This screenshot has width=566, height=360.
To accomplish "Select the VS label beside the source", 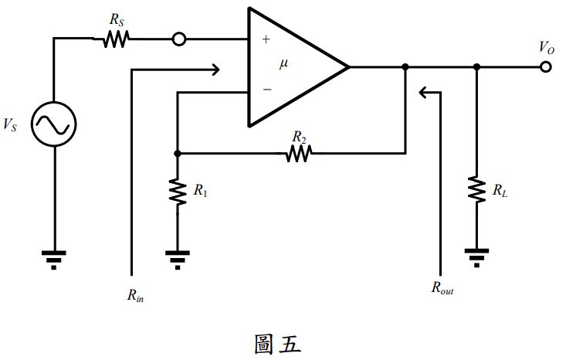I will [12, 124].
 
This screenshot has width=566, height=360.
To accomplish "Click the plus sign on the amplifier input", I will [266, 39].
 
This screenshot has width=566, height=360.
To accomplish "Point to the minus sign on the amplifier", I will [266, 90].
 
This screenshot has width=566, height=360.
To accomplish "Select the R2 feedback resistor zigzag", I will [298, 154].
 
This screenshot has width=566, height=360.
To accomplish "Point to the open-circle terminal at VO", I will [546, 67].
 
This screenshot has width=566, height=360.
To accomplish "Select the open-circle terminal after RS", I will [179, 39].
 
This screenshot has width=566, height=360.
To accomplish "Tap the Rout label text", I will [442, 288].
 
